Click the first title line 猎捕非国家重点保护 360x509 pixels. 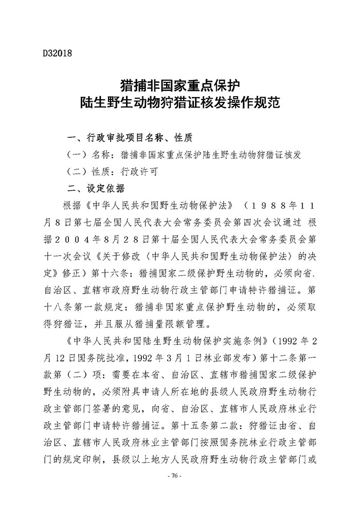[180, 84]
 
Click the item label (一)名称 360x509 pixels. [92, 154]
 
